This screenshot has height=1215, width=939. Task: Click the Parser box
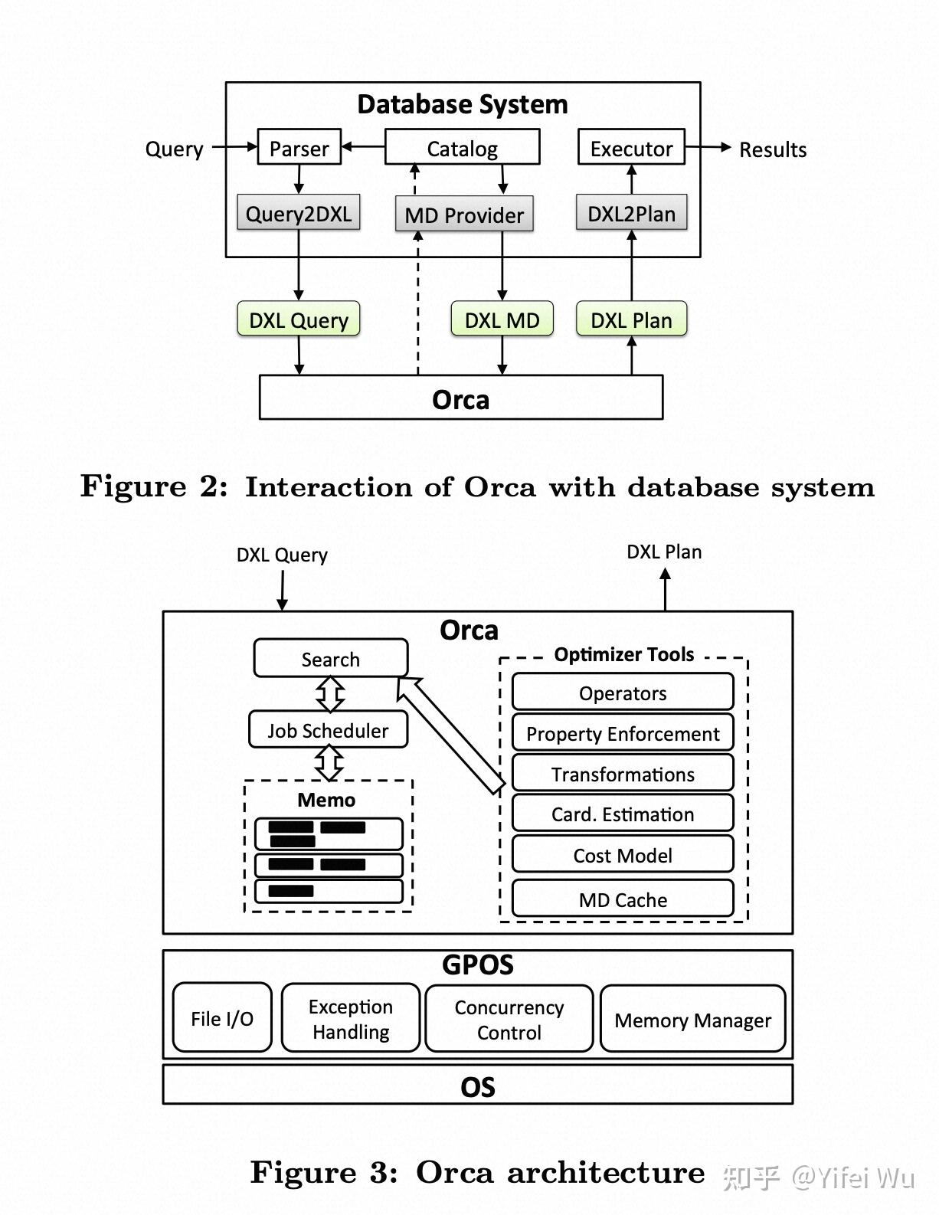(x=299, y=147)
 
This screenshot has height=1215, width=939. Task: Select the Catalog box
(x=463, y=147)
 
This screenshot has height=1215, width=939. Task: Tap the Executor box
(x=631, y=147)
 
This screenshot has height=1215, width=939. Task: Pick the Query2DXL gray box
(x=299, y=212)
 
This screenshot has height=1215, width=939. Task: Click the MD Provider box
(x=464, y=214)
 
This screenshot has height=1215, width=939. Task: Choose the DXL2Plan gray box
(x=632, y=212)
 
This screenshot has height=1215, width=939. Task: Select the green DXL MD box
(x=502, y=319)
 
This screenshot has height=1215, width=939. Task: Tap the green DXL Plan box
(x=632, y=319)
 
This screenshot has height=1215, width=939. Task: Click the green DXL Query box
(x=299, y=319)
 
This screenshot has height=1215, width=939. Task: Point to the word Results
(x=773, y=149)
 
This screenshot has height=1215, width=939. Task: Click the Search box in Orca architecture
(x=331, y=658)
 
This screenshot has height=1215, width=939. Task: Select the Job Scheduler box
(x=328, y=729)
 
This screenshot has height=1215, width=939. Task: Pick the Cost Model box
(x=623, y=854)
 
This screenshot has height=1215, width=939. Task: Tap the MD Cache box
(x=623, y=899)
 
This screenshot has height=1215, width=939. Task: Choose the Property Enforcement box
(x=623, y=732)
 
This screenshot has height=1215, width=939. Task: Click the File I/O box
(x=222, y=1017)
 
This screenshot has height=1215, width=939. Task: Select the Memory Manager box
(x=693, y=1019)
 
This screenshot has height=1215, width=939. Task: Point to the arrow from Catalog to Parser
(x=363, y=146)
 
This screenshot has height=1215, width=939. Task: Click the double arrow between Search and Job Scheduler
(x=330, y=694)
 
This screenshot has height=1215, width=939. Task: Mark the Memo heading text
(x=326, y=800)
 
